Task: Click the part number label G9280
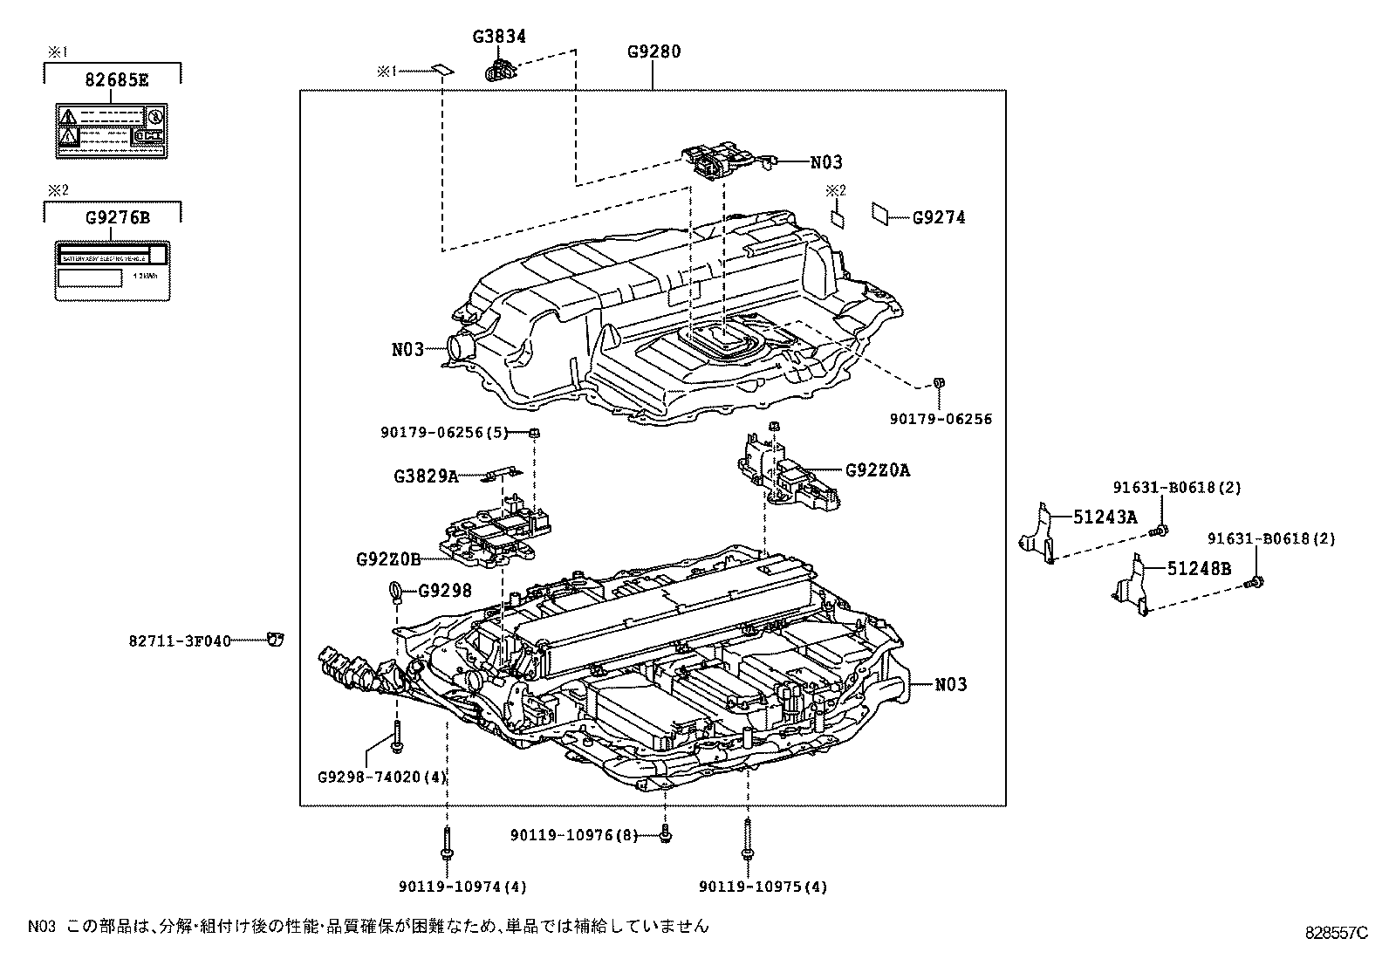tap(653, 51)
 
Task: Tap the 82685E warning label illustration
tap(112, 131)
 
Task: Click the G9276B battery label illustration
tap(112, 271)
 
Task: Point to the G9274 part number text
tap(939, 218)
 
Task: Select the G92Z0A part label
tap(877, 470)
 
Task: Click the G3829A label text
tap(425, 476)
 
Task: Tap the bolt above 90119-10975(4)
tap(748, 838)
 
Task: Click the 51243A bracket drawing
tap(1038, 531)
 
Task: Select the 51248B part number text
tap(1199, 569)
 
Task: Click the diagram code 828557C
tap(1336, 931)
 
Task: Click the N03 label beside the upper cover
tap(407, 350)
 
